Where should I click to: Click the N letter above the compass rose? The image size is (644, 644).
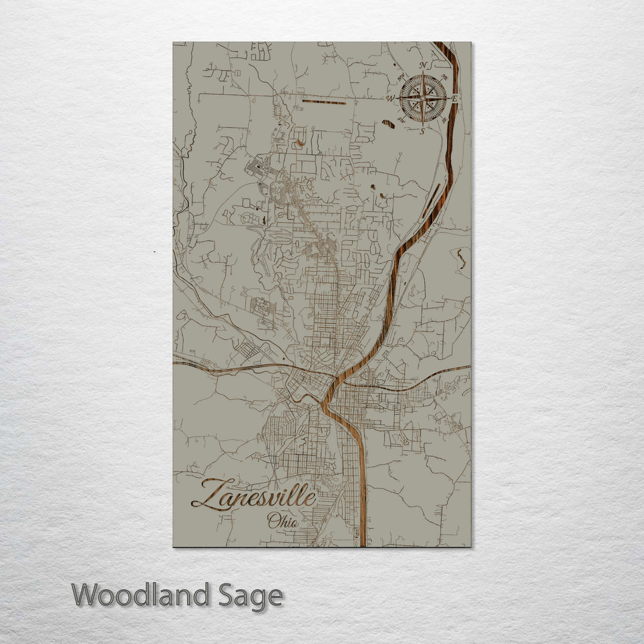click(x=423, y=66)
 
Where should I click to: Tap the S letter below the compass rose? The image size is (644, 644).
click(x=423, y=131)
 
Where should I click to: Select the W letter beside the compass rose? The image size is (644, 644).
click(x=391, y=98)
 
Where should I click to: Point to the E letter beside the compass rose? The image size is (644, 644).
click(x=455, y=98)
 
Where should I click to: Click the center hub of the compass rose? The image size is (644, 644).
click(x=423, y=98)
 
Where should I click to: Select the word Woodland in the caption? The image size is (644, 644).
click(x=141, y=595)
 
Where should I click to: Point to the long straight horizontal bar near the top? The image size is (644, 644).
click(x=323, y=103)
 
